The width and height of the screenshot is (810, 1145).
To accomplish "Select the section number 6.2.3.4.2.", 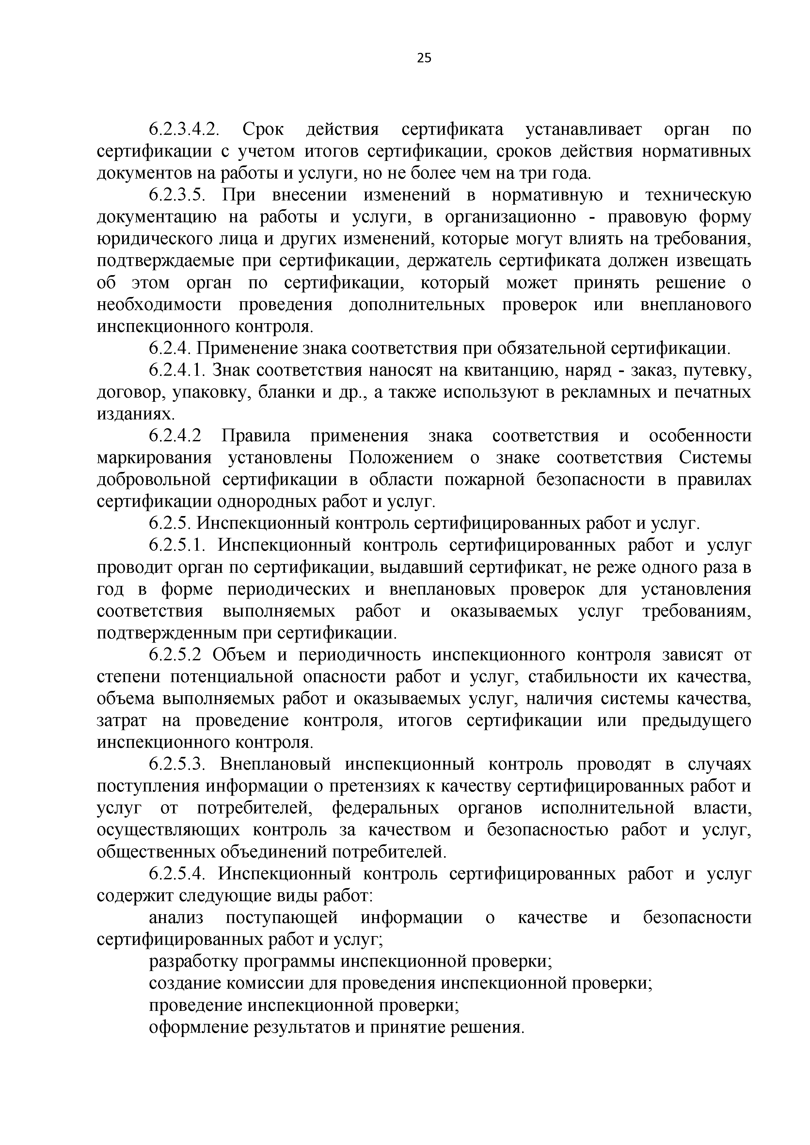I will [x=184, y=130].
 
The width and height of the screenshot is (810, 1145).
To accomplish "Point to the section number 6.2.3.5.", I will [x=178, y=195].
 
